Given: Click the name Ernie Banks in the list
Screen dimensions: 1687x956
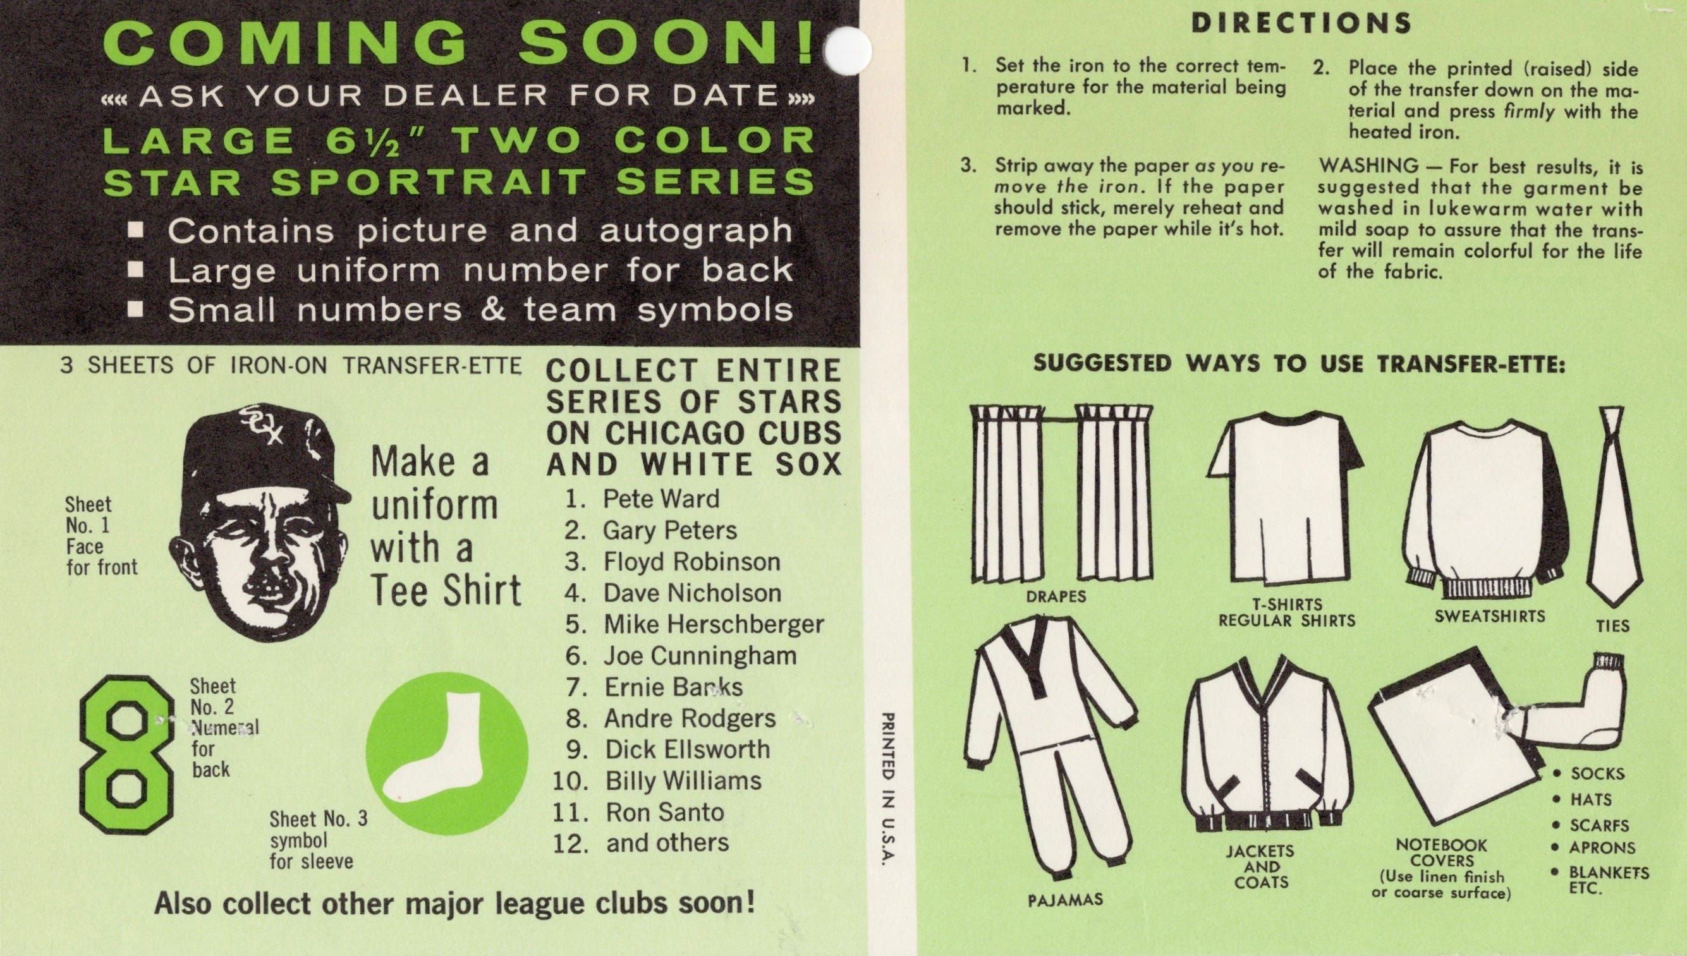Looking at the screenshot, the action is pos(673,687).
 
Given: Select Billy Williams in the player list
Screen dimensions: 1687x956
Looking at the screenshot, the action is pos(683,781).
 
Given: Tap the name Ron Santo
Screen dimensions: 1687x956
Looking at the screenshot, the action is pos(664,812).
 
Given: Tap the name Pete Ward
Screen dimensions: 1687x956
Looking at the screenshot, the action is pos(661,499).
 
